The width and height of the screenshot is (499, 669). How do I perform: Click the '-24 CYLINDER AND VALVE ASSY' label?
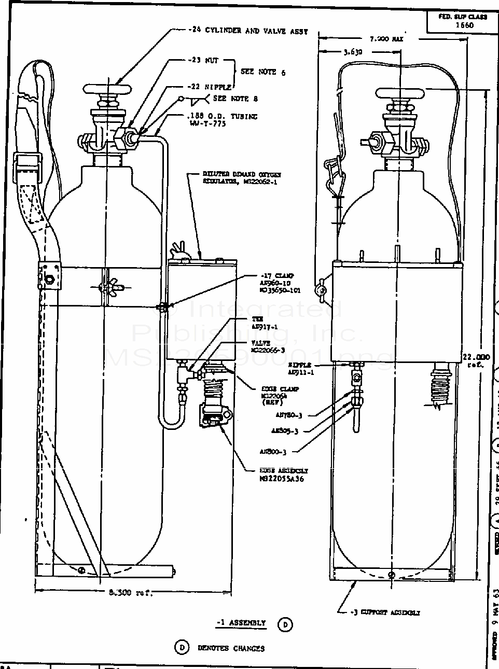(x=248, y=31)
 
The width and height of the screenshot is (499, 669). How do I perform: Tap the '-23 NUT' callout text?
(x=203, y=60)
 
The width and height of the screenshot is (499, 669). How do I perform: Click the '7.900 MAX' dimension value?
(x=386, y=39)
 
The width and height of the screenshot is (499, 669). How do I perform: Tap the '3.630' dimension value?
(x=353, y=52)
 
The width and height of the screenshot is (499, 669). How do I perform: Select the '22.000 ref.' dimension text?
(x=475, y=360)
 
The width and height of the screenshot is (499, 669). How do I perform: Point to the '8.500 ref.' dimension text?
(x=129, y=593)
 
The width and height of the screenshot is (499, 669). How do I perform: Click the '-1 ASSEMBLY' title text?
(x=241, y=623)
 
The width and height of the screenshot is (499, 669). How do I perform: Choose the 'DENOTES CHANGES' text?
(x=231, y=648)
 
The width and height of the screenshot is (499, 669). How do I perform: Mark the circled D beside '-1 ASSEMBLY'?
(x=285, y=624)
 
